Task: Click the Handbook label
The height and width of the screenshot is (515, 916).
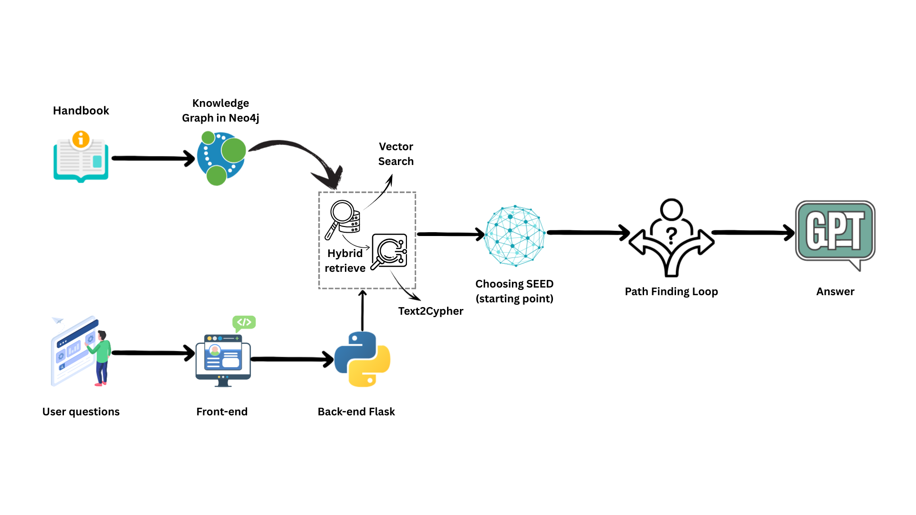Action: click(x=81, y=111)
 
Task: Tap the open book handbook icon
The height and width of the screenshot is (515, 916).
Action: click(x=81, y=159)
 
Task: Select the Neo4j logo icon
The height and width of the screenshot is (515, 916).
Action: click(x=221, y=159)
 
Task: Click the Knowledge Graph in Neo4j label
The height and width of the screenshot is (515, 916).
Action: click(x=220, y=111)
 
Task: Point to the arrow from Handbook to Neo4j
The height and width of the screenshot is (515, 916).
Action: click(x=153, y=158)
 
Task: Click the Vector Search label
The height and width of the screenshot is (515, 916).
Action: click(x=396, y=154)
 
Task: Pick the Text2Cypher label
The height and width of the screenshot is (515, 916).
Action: click(x=430, y=311)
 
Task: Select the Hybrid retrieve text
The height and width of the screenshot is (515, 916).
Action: click(x=345, y=261)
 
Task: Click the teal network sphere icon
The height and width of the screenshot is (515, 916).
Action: click(x=514, y=236)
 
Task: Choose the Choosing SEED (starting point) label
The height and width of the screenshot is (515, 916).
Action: click(x=514, y=291)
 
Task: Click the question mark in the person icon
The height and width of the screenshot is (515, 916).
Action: click(x=671, y=235)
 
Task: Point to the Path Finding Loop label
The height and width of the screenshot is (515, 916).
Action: click(x=671, y=291)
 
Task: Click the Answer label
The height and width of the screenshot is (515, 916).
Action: click(x=835, y=291)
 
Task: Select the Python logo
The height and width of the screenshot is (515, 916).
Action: click(x=363, y=359)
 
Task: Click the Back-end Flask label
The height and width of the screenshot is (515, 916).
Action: click(x=356, y=412)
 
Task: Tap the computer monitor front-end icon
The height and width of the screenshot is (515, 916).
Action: click(x=223, y=359)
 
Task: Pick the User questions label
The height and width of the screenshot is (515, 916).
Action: click(x=81, y=412)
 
